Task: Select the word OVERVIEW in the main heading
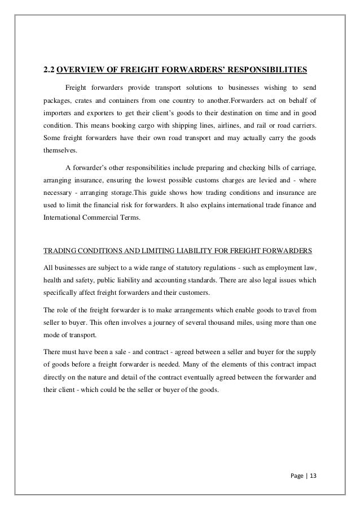pos(82,71)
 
